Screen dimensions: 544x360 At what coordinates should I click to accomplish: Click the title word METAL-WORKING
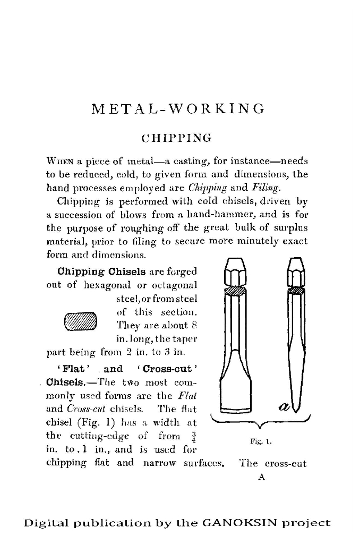177,109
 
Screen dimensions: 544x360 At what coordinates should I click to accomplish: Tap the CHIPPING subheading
176,138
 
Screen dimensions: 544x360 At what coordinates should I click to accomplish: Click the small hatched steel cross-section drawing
81,322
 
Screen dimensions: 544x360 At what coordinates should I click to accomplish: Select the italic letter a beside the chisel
284,406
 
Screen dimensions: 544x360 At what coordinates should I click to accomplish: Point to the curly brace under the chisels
260,422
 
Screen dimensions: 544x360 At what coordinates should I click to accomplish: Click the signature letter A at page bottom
261,478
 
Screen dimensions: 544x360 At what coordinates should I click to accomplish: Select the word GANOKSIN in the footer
243,523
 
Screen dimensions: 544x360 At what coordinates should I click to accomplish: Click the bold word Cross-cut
173,369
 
